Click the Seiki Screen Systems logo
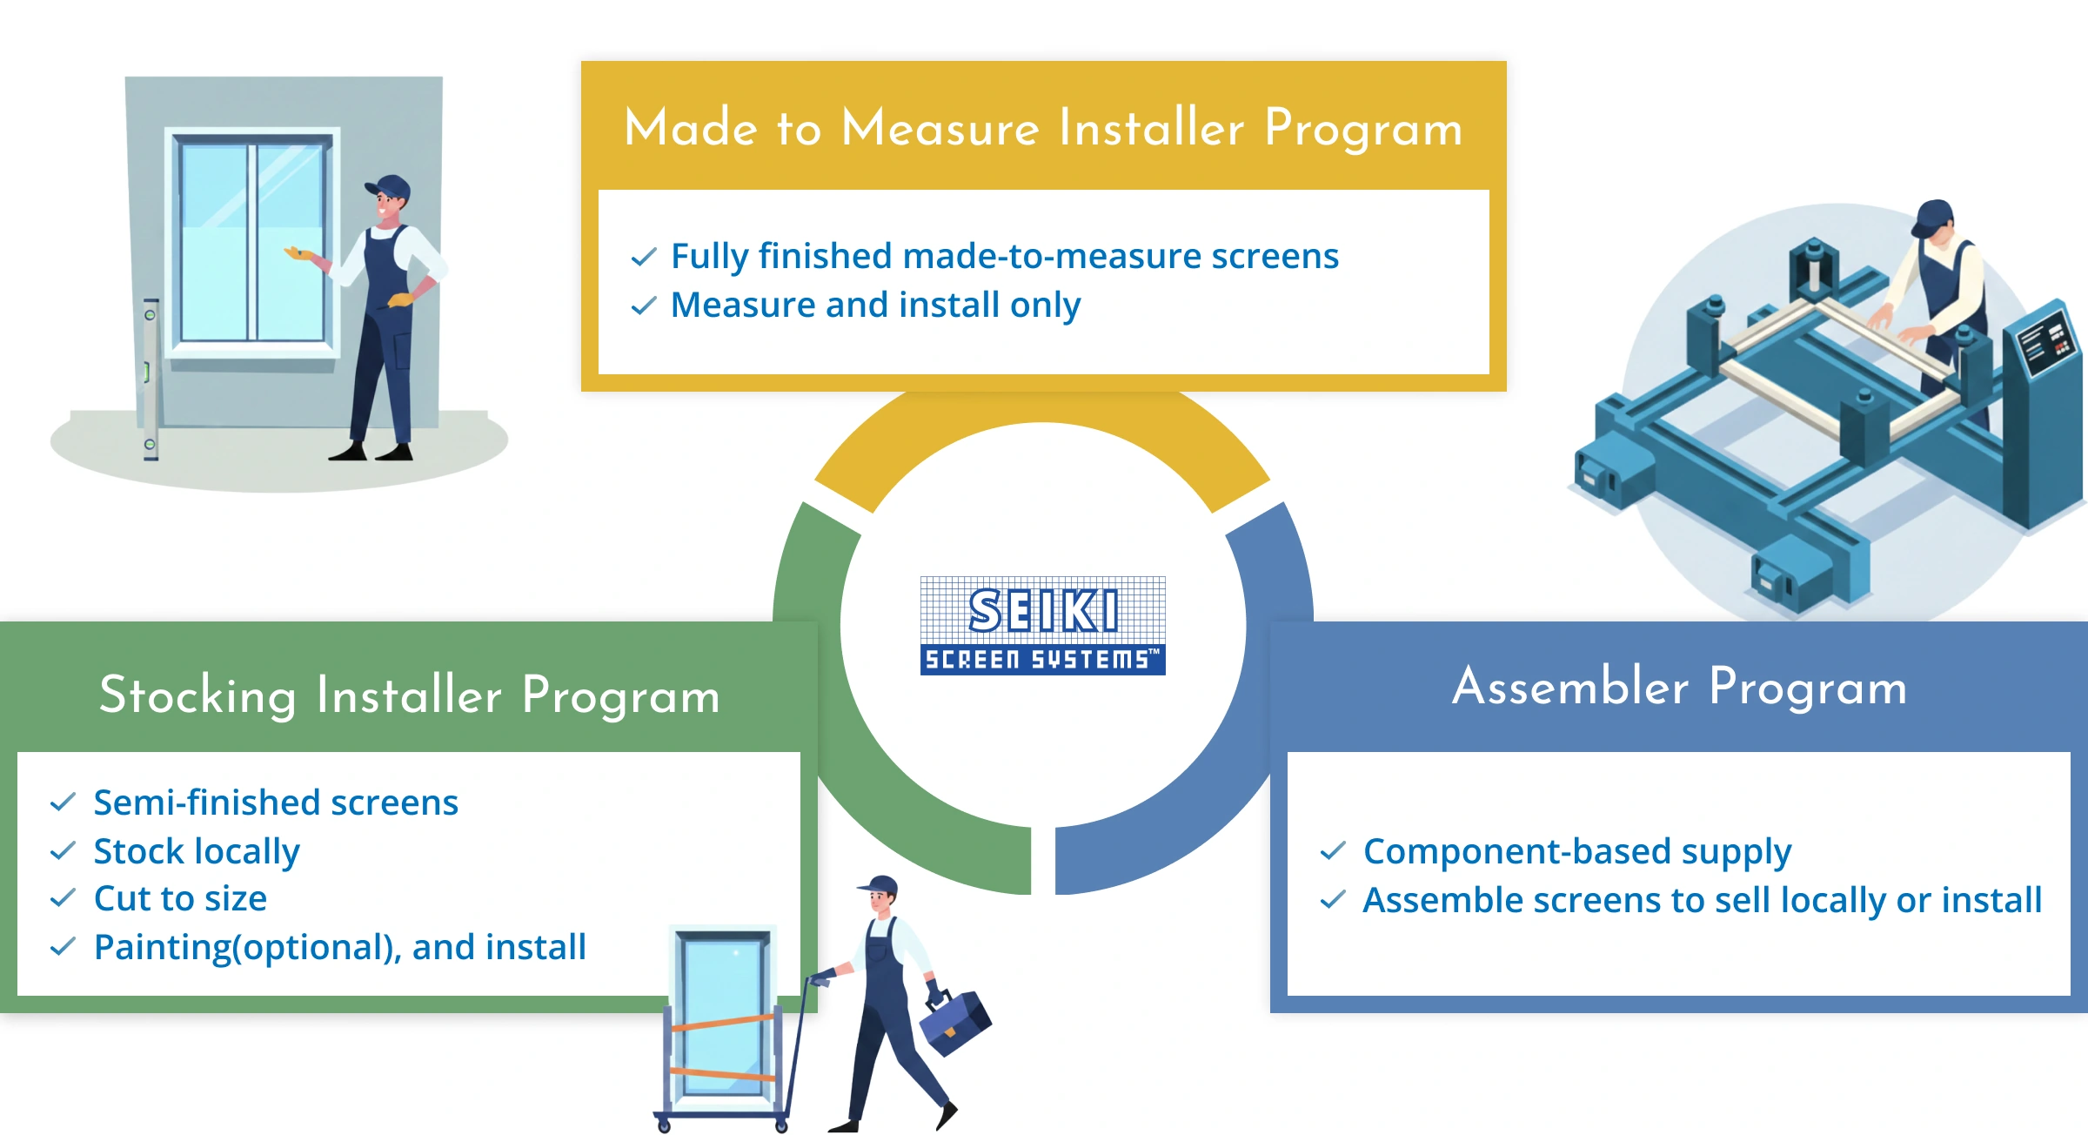[1042, 625]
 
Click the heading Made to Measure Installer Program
[1043, 128]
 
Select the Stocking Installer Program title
[409, 695]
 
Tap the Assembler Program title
[1679, 687]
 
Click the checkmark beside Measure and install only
[643, 306]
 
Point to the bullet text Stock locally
[197, 851]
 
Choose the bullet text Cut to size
[180, 899]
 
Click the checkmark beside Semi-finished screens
[63, 803]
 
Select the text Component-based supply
[1576, 851]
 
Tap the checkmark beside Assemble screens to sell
[1332, 900]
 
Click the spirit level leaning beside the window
[150, 378]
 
